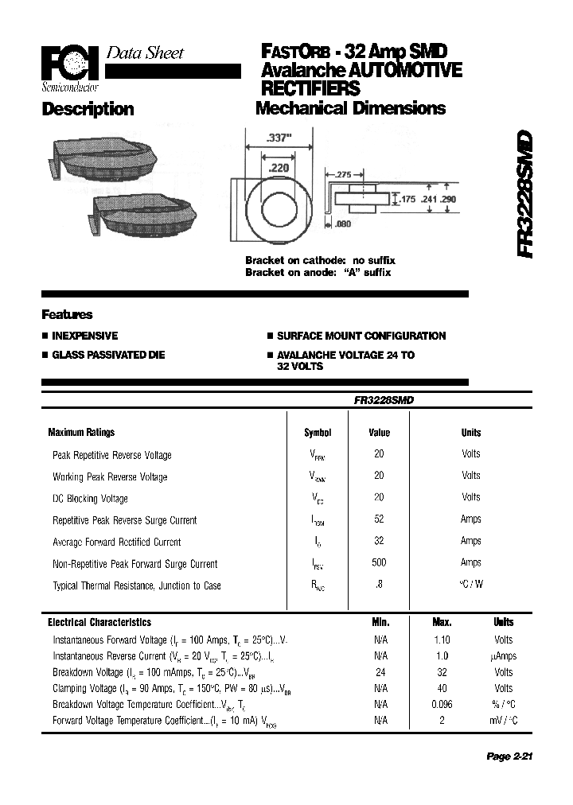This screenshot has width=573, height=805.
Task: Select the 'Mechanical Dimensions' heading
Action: click(x=350, y=109)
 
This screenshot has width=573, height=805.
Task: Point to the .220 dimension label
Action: click(x=278, y=169)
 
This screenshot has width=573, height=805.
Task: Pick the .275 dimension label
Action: click(x=343, y=173)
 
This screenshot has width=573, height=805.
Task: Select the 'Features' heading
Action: click(x=67, y=314)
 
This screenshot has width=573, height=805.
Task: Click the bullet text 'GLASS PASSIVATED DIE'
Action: click(x=108, y=355)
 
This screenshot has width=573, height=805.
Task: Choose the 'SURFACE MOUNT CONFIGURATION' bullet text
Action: click(x=361, y=336)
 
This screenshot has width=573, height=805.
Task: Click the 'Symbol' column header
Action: click(x=318, y=433)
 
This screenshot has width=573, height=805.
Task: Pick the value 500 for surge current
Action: click(x=379, y=562)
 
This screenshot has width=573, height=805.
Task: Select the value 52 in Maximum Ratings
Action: click(x=379, y=519)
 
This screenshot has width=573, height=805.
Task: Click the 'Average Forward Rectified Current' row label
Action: click(x=116, y=542)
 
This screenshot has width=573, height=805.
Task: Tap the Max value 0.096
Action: click(x=442, y=704)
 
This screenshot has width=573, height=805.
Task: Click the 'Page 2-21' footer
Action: click(x=509, y=756)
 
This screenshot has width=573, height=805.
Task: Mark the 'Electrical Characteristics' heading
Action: click(x=99, y=622)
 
